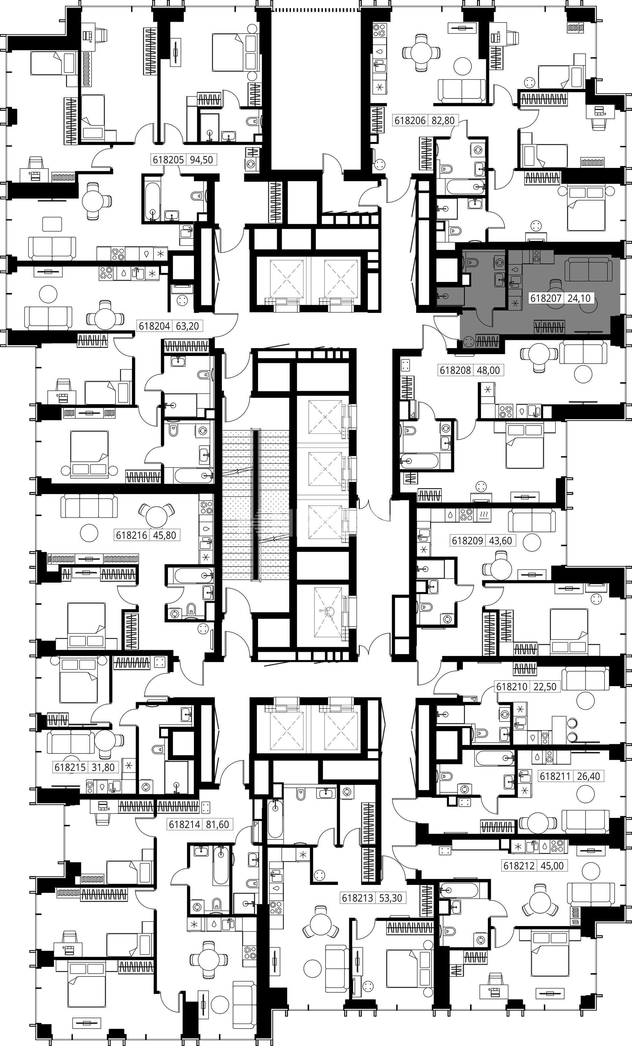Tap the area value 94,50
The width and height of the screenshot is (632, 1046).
(201, 160)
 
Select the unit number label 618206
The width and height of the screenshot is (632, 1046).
(410, 121)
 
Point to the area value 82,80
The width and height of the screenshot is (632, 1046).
(443, 121)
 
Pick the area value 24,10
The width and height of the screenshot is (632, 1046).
(579, 298)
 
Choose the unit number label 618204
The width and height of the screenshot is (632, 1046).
(154, 326)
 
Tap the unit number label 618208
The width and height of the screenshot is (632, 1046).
(456, 370)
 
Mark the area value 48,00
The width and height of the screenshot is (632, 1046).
(488, 370)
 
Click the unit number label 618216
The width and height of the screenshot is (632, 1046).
(131, 535)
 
